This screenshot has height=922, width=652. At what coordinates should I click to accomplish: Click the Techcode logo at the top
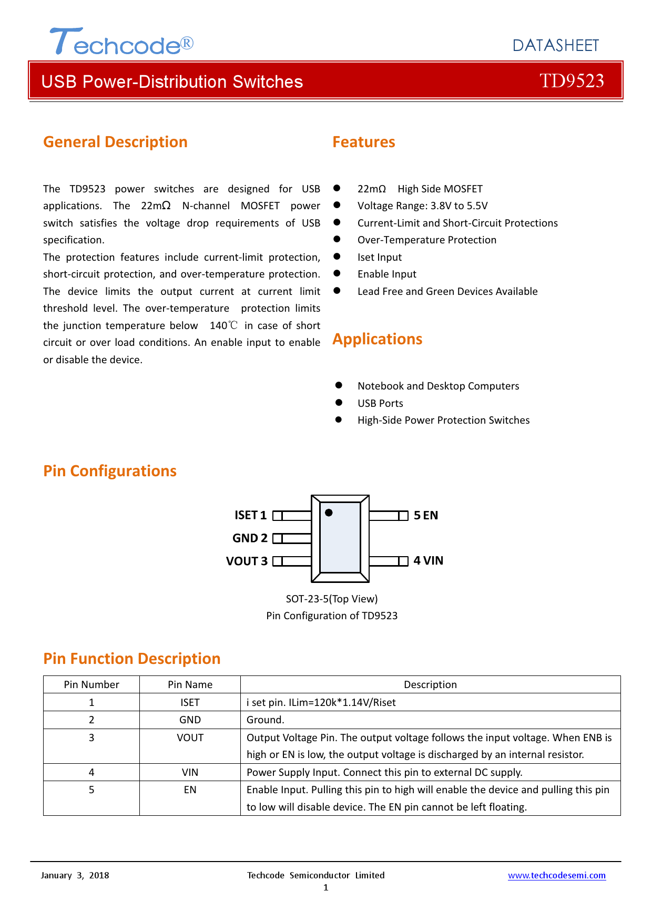click(121, 43)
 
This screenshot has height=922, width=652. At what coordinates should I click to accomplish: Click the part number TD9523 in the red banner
click(572, 81)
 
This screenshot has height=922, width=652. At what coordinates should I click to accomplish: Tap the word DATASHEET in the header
click(555, 46)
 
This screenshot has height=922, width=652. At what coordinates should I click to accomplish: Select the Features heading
click(363, 142)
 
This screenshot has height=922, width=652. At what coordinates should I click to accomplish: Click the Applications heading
click(377, 339)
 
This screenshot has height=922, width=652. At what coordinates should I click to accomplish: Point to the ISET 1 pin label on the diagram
click(250, 515)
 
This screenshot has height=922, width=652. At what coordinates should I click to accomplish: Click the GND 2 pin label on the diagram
click(250, 538)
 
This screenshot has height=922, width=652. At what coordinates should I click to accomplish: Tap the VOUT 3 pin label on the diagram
click(247, 561)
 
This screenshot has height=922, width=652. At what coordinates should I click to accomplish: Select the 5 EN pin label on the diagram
click(425, 515)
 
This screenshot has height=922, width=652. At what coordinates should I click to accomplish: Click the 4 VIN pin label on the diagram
click(428, 561)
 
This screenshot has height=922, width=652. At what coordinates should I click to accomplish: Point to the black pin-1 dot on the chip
click(329, 513)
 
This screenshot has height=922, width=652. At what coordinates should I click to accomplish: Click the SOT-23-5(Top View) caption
click(331, 599)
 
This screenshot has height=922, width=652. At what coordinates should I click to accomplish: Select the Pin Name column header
click(190, 684)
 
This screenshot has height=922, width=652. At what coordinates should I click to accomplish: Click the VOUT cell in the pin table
click(190, 737)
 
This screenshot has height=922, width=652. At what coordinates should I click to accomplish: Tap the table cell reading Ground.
click(266, 720)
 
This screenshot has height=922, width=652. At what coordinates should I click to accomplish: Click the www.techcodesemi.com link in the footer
click(556, 875)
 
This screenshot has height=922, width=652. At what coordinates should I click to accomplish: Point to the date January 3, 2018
click(75, 875)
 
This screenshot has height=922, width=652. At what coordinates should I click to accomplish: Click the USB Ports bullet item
click(380, 403)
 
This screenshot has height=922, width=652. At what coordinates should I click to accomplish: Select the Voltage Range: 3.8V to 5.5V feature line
click(422, 206)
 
